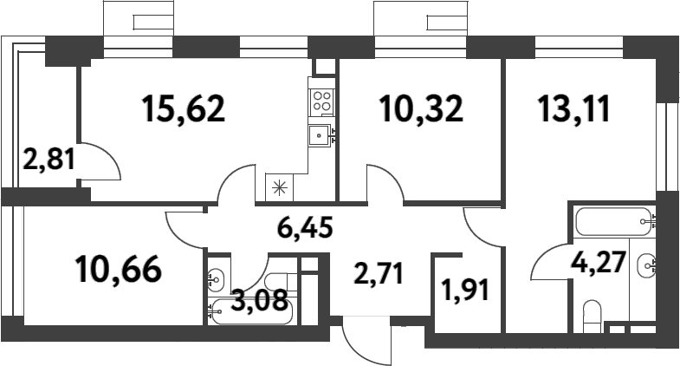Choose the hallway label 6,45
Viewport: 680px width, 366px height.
pyautogui.click(x=305, y=230)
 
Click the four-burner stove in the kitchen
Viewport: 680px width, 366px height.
pyautogui.click(x=321, y=100)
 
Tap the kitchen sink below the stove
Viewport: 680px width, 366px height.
pyautogui.click(x=321, y=135)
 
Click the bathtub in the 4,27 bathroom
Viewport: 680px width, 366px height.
pyautogui.click(x=614, y=221)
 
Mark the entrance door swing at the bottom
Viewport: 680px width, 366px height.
pyautogui.click(x=365, y=341)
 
